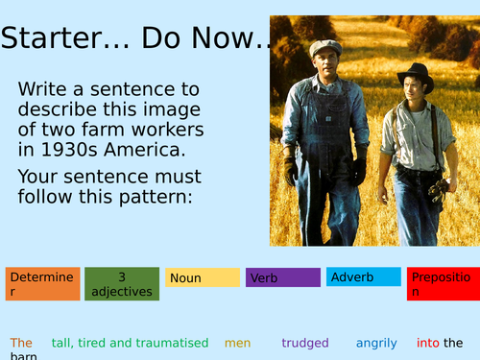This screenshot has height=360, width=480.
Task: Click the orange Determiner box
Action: click(40, 284)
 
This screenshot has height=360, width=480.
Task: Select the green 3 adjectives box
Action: click(121, 284)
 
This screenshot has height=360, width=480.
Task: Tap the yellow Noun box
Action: click(202, 277)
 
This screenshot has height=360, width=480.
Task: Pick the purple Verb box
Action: click(282, 277)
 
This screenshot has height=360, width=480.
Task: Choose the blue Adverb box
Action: click(363, 276)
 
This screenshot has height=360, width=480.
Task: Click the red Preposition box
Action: click(443, 284)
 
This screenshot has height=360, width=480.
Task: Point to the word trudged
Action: click(305, 343)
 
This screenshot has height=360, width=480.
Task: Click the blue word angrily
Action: click(376, 343)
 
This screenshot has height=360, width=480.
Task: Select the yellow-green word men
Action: click(238, 343)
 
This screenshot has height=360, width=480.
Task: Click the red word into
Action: click(427, 343)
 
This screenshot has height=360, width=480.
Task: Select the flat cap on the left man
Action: click(325, 46)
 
